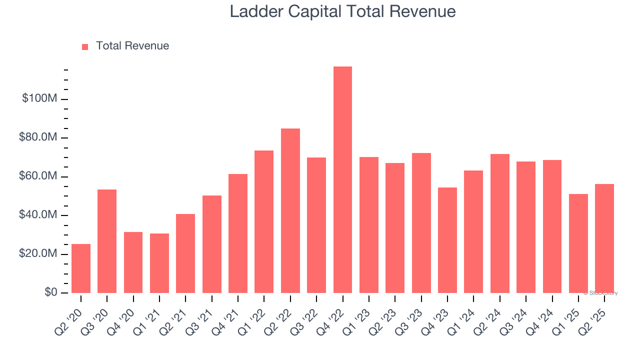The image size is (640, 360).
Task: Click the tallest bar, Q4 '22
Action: (x=342, y=180)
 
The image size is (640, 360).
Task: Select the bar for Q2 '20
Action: (x=81, y=268)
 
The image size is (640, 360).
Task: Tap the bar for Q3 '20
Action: (x=107, y=241)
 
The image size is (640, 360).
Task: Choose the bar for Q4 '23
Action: (x=447, y=240)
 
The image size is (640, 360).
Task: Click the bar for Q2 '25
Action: (x=604, y=238)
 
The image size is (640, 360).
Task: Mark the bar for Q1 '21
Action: (x=159, y=263)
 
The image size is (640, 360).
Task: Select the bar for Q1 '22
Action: (x=264, y=222)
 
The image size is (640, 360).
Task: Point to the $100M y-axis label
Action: (x=39, y=98)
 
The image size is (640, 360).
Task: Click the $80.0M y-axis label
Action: (x=38, y=137)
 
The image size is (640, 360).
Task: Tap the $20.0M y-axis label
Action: (x=38, y=254)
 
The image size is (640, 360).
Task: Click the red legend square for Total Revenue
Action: (x=85, y=47)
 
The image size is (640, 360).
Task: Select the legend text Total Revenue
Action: (x=132, y=46)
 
